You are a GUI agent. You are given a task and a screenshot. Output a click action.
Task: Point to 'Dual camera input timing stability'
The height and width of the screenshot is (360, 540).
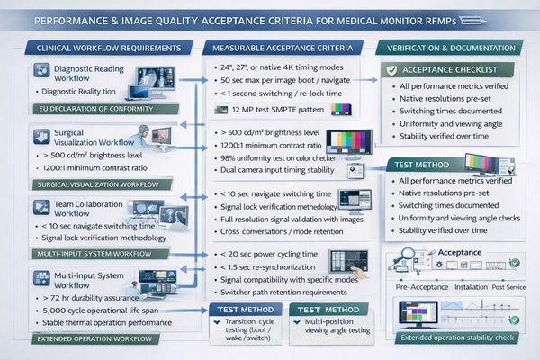(x=280, y=172)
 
